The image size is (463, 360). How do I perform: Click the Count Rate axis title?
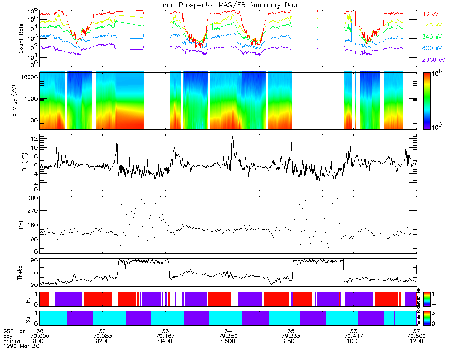pyautogui.click(x=21, y=40)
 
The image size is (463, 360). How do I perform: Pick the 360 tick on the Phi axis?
pyautogui.click(x=31, y=198)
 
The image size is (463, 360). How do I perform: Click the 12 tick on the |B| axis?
pyautogui.click(x=33, y=139)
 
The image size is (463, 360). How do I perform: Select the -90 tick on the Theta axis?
pyautogui.click(x=30, y=284)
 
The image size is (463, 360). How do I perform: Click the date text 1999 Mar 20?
pyautogui.click(x=19, y=346)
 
